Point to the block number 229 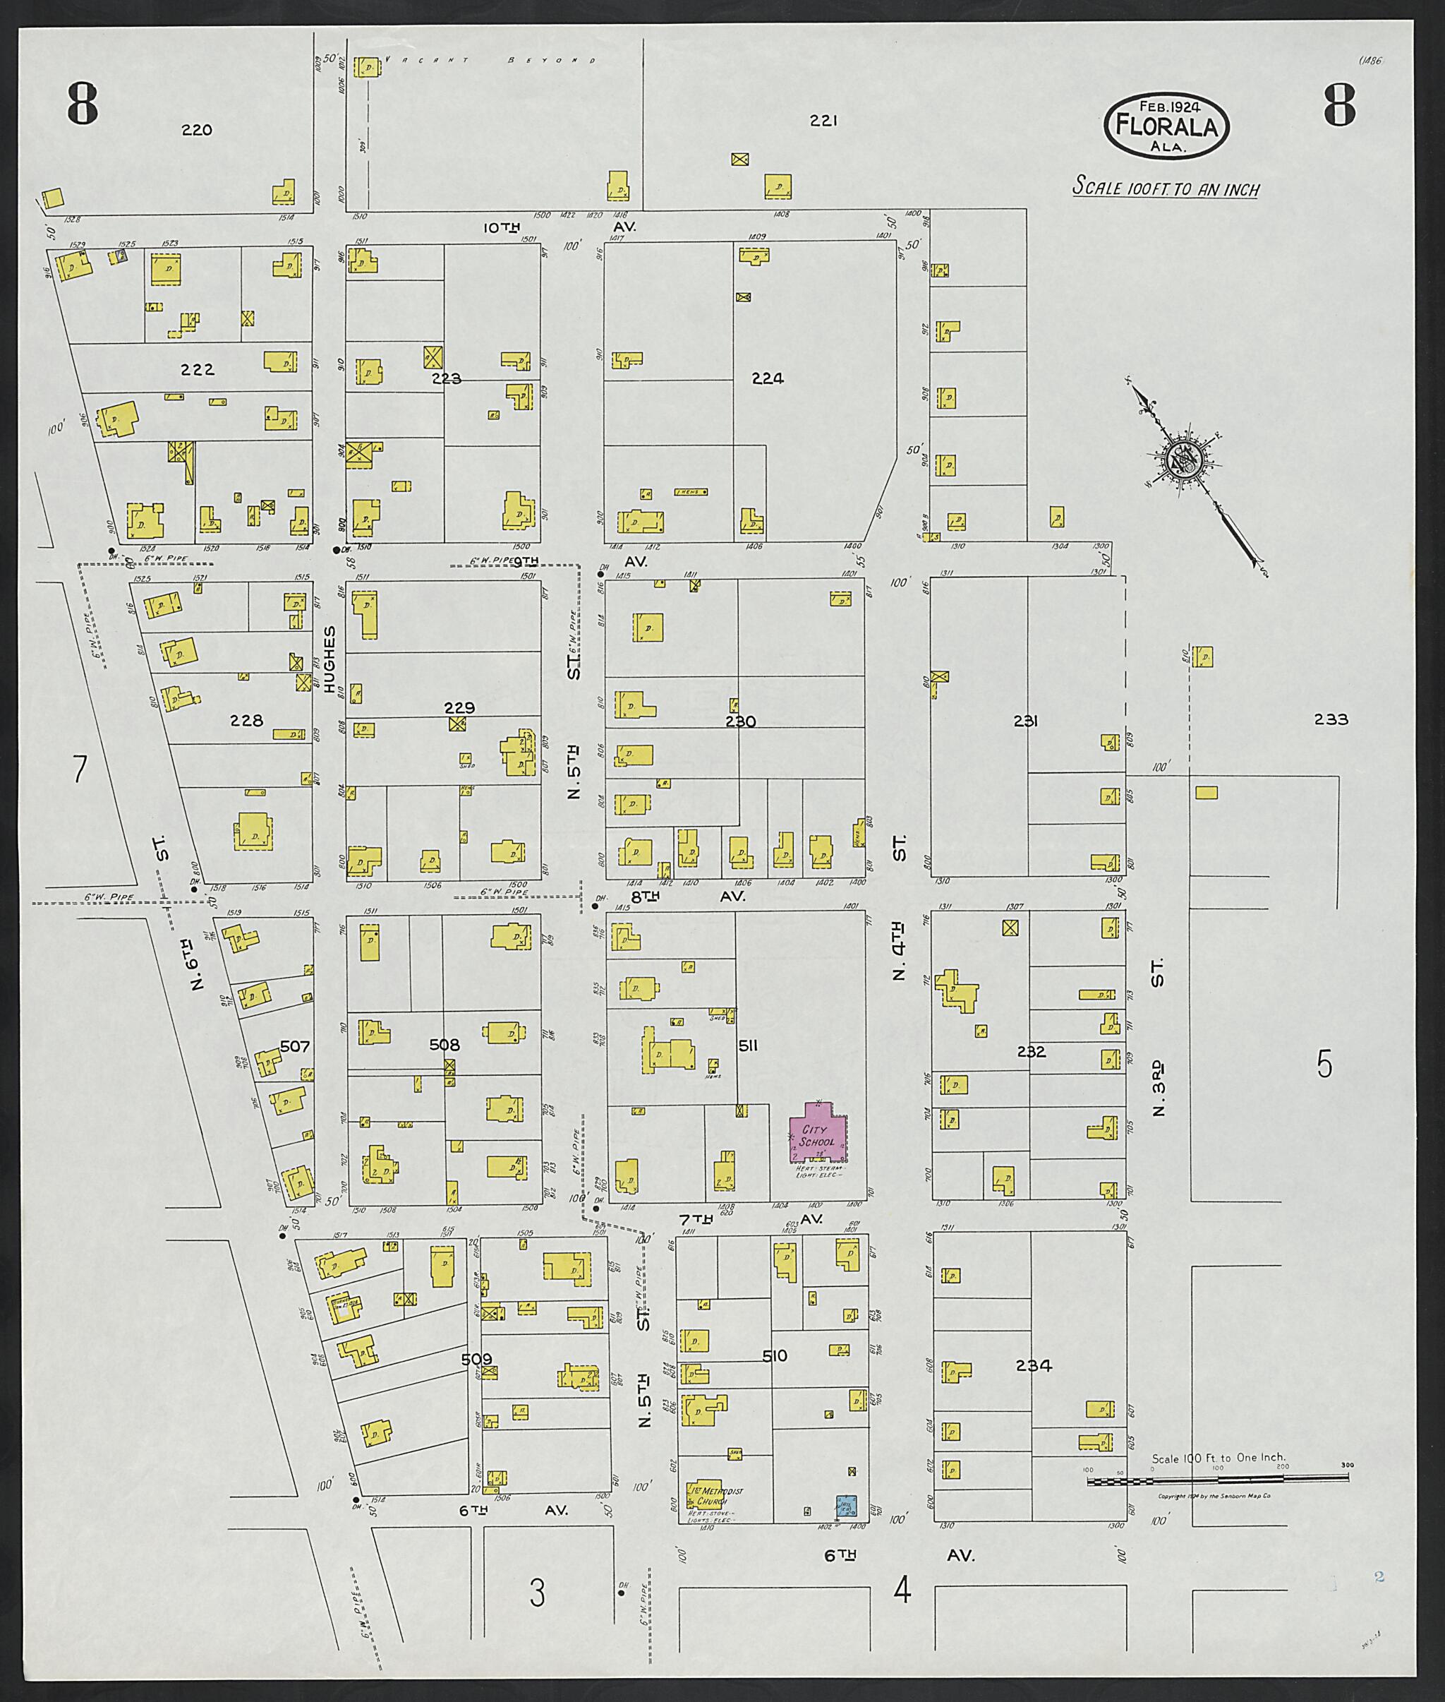[459, 708]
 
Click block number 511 [747, 1045]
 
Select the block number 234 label [1034, 1365]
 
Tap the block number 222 [198, 370]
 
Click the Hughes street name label [330, 659]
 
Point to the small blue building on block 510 [846, 1504]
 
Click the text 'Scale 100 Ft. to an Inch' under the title [1166, 188]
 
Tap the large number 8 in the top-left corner [83, 106]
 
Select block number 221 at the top [823, 121]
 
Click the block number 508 [445, 1045]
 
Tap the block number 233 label [1330, 719]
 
